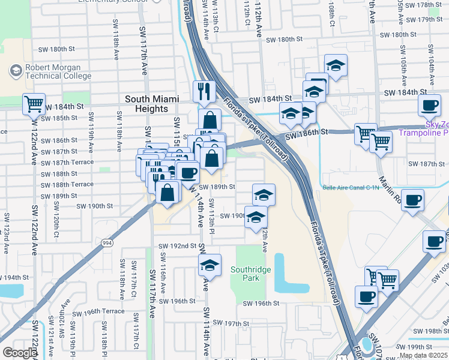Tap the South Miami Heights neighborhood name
coord(146,104)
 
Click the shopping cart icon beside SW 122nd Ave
coord(34,104)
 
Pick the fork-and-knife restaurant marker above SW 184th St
coord(204,91)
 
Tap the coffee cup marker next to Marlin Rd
coord(412,200)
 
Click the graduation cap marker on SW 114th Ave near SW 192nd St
coord(209,265)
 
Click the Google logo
coord(19,353)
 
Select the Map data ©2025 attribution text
coord(423,355)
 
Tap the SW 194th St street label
coord(14,278)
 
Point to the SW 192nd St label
coord(177,246)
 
